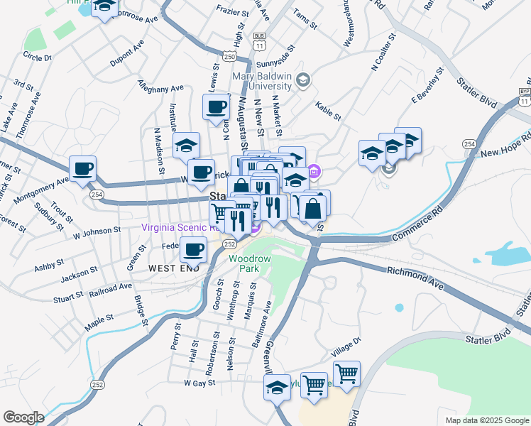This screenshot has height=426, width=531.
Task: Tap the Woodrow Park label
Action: tap(249, 264)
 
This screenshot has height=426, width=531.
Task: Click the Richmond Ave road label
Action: tap(415, 278)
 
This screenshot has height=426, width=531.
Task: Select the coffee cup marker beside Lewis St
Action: tap(216, 107)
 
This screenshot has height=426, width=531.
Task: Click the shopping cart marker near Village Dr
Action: tap(346, 373)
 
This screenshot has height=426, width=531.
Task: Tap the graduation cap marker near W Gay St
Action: tap(278, 388)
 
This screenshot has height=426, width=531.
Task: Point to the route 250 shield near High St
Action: tap(229, 56)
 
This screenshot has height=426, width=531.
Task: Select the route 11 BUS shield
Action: tap(261, 45)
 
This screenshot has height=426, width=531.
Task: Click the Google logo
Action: tap(23, 417)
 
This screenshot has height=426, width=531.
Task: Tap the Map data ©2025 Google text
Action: tap(487, 420)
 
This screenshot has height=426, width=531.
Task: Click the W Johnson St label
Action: tap(97, 231)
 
